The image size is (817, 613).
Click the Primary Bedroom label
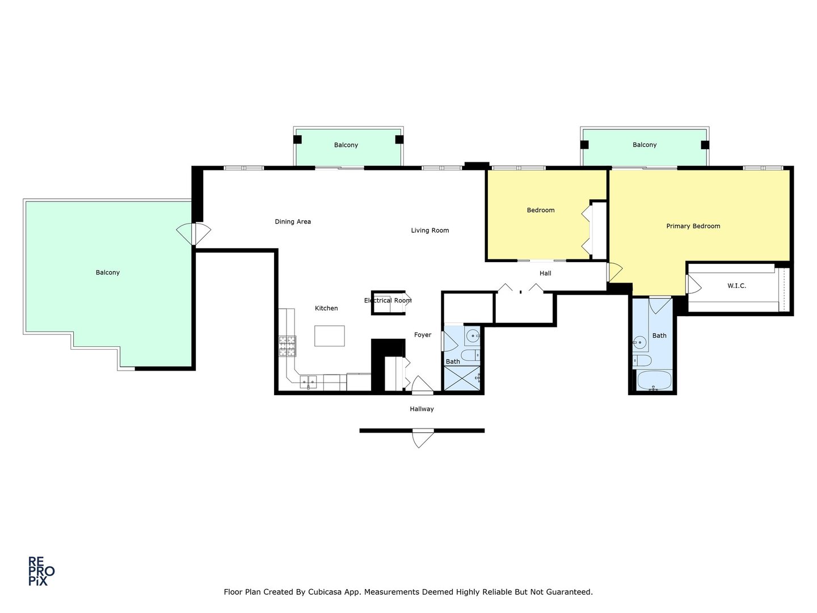[693, 226]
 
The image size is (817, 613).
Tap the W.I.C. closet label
[736, 285]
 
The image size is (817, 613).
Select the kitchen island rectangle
[330, 335]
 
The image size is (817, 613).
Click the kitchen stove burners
[287, 346]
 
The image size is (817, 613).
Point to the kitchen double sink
[308, 382]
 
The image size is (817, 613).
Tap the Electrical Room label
[388, 300]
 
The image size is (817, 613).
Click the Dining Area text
[293, 221]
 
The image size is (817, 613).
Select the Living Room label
[429, 230]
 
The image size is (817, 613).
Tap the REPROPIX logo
[41, 571]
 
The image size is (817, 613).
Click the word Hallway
[422, 409]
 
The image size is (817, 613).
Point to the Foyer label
[422, 335]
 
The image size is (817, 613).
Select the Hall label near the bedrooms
[545, 273]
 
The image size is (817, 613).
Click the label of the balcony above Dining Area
[346, 145]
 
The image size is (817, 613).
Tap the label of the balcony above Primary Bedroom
[645, 145]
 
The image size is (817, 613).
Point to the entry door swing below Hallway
[421, 439]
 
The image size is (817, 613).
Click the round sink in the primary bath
[639, 342]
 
